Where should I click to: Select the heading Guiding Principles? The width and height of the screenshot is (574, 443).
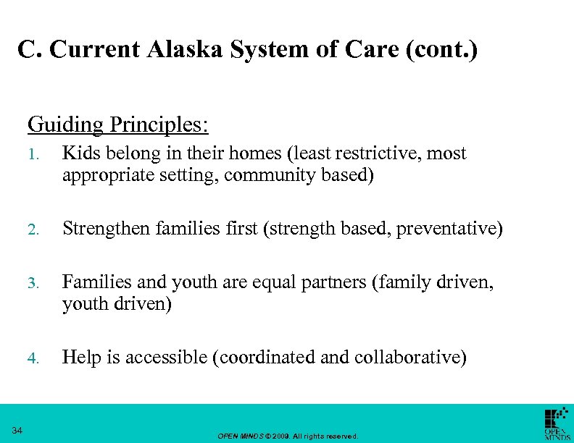click(118, 125)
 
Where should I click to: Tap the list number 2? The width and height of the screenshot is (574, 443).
click(33, 230)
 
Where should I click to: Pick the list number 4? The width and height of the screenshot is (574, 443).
click(33, 358)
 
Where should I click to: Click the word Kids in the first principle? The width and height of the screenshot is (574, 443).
click(80, 153)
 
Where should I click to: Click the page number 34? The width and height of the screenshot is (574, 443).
click(17, 431)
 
